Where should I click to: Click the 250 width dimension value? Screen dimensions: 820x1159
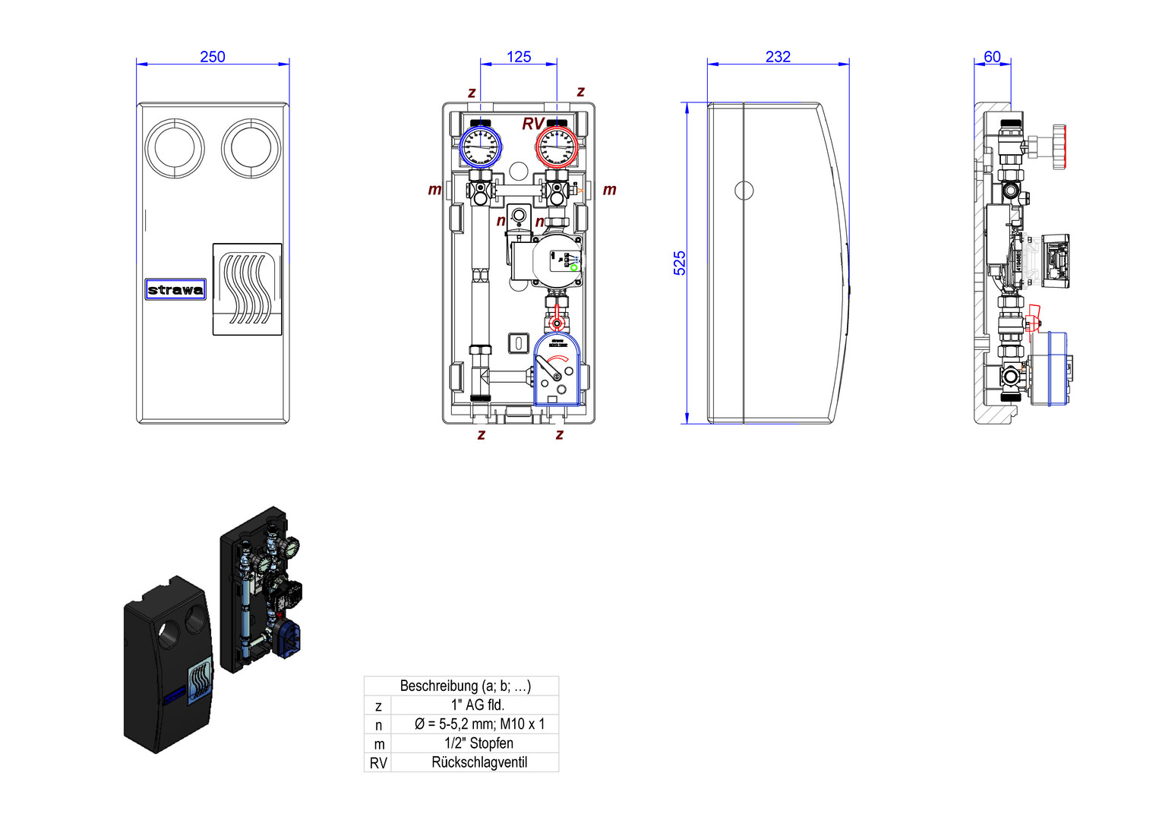tap(213, 57)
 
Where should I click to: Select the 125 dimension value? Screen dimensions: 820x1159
tap(519, 57)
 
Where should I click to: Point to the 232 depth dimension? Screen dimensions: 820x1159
tap(778, 57)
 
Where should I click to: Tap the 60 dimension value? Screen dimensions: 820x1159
tap(992, 57)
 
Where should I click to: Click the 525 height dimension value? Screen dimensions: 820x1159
tap(680, 263)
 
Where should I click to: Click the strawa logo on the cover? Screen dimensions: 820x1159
tap(175, 289)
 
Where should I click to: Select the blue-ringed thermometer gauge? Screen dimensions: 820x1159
tap(480, 147)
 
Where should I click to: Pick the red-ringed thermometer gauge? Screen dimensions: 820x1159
tap(557, 147)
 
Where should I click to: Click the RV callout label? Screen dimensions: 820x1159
tap(532, 124)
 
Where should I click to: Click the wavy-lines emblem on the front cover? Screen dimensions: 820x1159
tap(247, 289)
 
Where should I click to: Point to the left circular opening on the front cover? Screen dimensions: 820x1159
tap(174, 148)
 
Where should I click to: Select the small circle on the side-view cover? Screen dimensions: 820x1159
tap(744, 190)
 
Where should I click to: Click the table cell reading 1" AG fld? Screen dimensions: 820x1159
tap(478, 705)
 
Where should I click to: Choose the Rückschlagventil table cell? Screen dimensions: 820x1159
tap(479, 762)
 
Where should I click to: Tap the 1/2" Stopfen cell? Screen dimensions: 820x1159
tap(478, 743)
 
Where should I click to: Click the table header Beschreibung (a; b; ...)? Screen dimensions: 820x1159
tap(465, 686)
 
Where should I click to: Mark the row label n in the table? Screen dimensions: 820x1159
tap(378, 725)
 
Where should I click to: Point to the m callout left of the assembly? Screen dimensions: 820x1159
tap(434, 190)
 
